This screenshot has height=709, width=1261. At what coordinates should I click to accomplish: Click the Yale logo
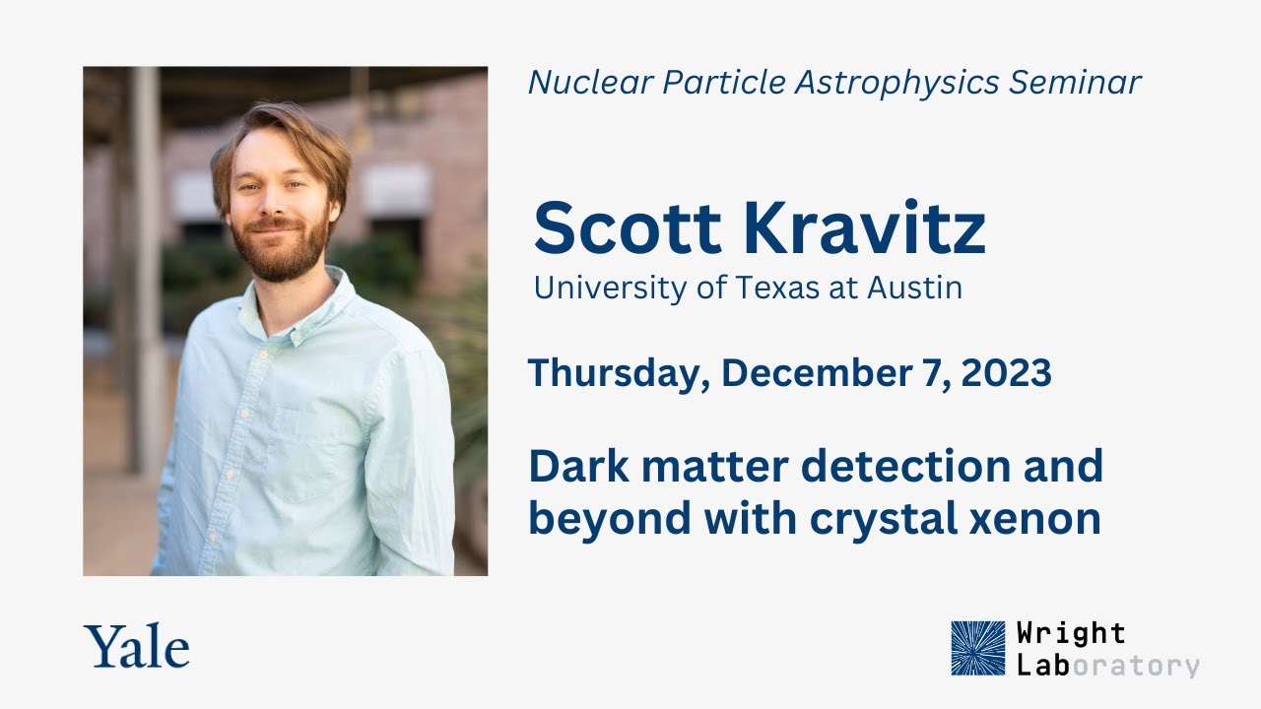point(137,647)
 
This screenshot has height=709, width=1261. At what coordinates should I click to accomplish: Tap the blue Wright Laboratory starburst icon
point(978,647)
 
